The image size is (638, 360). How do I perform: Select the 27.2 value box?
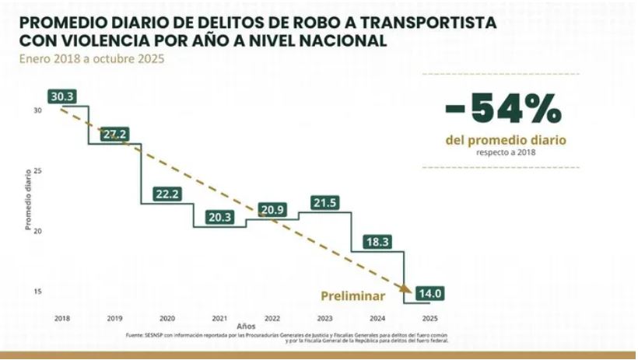point(114,135)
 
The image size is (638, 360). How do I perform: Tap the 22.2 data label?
point(167,194)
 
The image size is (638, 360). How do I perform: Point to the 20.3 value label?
point(220,218)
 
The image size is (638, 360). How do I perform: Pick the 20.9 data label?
point(272,210)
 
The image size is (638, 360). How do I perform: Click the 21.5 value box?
point(325,203)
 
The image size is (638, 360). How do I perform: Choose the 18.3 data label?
point(377,242)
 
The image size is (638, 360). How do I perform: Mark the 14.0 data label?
point(430,294)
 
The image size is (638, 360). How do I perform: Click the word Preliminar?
point(353,295)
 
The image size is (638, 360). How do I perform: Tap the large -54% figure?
point(503,110)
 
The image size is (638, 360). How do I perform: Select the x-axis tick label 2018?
point(61,318)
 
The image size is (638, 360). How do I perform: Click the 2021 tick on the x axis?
point(219,318)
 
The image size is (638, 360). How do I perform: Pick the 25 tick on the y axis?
point(37,170)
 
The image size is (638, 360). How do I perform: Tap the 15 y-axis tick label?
point(37,292)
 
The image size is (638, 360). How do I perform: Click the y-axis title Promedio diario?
point(28,200)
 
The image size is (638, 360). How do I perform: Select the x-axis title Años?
point(245,327)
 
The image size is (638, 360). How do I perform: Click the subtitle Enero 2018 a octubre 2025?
point(92,58)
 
